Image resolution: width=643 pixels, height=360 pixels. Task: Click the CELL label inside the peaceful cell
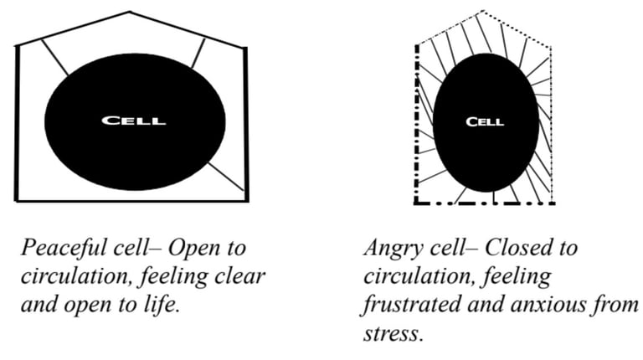(133, 121)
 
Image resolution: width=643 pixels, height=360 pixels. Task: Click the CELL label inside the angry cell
(484, 121)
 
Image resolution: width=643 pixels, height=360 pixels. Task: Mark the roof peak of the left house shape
(130, 13)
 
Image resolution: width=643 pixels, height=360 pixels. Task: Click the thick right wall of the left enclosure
(246, 124)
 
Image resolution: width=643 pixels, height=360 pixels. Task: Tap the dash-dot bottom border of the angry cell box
(486, 203)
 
